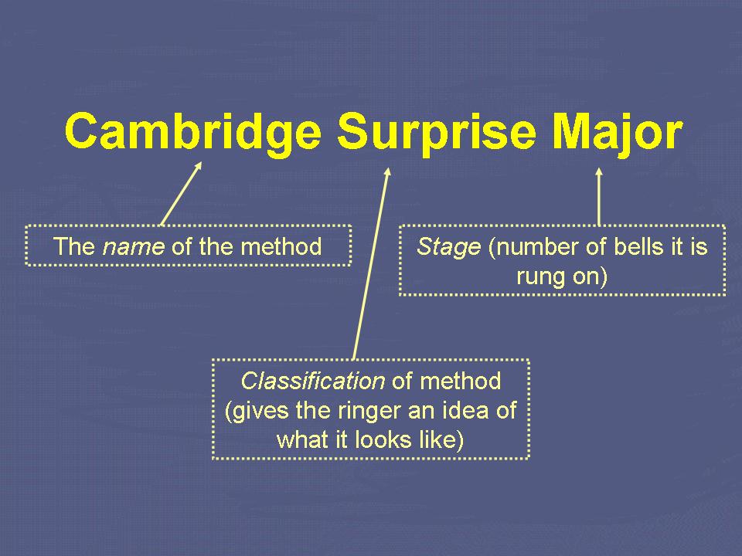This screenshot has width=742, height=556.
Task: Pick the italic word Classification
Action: [x=313, y=381]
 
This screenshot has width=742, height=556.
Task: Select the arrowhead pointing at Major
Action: [x=598, y=171]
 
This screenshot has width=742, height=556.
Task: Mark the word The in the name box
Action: [x=73, y=246]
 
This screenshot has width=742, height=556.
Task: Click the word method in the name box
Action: [x=281, y=246]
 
